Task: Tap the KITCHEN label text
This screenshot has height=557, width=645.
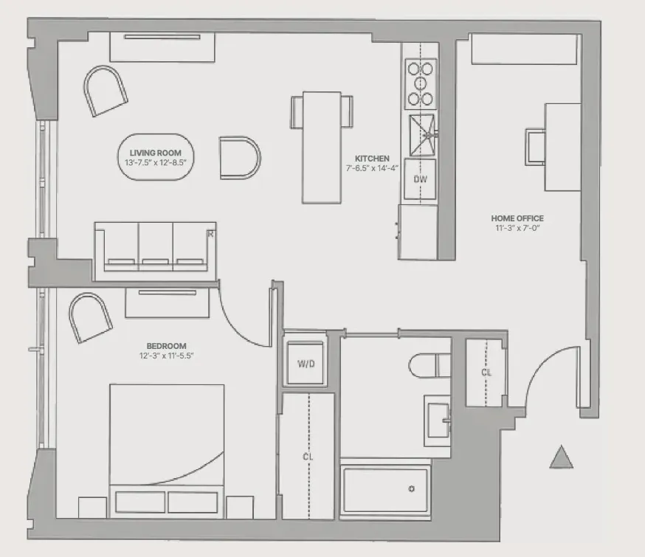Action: (x=371, y=159)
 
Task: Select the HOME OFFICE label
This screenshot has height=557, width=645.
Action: (x=517, y=218)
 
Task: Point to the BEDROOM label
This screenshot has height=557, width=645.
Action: (x=165, y=345)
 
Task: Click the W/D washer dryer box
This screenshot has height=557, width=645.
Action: (x=306, y=363)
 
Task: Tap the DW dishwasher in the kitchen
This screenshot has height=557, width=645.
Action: (x=420, y=179)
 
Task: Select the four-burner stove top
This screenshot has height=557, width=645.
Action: (x=420, y=83)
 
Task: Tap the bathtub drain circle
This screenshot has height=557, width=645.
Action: (x=412, y=488)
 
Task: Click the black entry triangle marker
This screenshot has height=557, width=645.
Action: (x=562, y=458)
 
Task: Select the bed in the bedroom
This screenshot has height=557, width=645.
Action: (x=167, y=443)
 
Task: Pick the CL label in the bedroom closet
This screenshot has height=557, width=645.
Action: (x=308, y=457)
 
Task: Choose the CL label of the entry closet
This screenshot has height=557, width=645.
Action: (x=486, y=373)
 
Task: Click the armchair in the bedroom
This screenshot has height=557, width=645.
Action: (x=90, y=316)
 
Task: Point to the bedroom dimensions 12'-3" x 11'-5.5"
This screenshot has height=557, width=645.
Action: (x=165, y=356)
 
